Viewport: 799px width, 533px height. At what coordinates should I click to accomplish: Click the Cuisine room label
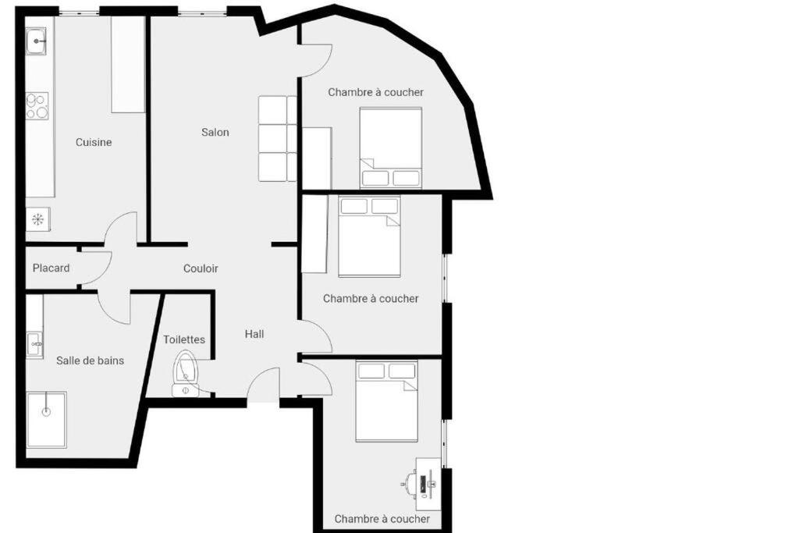pos(94,142)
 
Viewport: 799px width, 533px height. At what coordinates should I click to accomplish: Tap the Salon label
pos(215,133)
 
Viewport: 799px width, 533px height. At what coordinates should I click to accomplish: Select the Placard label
pos(51,268)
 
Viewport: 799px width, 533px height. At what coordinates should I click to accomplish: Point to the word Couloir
pos(201,268)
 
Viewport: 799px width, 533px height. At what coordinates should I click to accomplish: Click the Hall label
pos(254,334)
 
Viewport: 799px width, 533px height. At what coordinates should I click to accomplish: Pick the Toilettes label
pos(184,339)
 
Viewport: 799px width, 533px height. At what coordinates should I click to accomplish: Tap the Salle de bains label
pos(91,361)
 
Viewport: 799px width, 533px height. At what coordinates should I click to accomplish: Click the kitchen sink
pos(36,41)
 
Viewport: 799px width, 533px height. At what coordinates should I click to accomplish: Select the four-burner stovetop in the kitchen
pos(37,106)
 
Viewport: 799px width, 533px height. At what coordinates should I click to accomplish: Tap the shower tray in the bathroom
pos(46,420)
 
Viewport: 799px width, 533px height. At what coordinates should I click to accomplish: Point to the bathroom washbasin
pos(34,345)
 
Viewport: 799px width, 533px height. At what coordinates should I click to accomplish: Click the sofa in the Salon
pos(277,139)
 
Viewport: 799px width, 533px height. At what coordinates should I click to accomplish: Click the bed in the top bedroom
pos(391,147)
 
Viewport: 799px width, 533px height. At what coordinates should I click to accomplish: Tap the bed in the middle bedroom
pos(369,236)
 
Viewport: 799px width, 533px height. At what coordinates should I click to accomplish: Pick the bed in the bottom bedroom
pos(387,401)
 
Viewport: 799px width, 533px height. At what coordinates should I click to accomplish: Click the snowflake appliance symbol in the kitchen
pos(37,219)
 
